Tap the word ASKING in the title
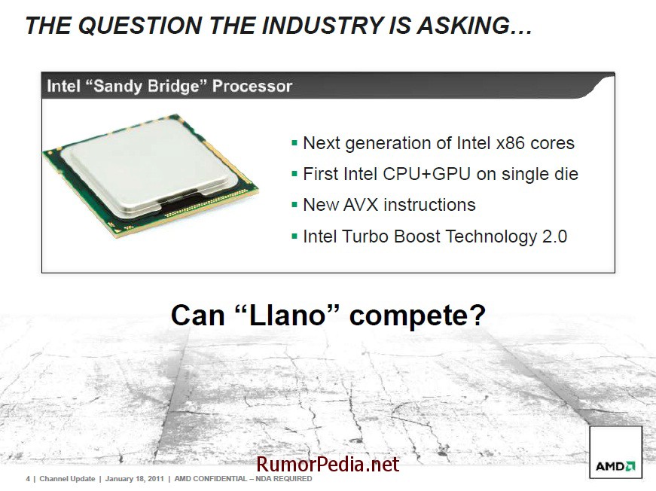click(x=462, y=25)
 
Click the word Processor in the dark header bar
click(x=252, y=86)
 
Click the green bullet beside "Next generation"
click(x=294, y=143)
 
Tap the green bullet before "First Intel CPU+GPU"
click(x=294, y=174)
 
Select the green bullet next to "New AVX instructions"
click(x=294, y=205)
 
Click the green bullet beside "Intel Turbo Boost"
click(x=294, y=236)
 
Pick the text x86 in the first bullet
click(x=511, y=143)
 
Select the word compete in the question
click(x=417, y=316)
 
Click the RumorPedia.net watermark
click(x=328, y=464)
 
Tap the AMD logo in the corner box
click(x=615, y=466)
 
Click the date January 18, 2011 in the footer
click(x=134, y=478)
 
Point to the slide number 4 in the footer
click(x=28, y=478)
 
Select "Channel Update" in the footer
click(x=67, y=478)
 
